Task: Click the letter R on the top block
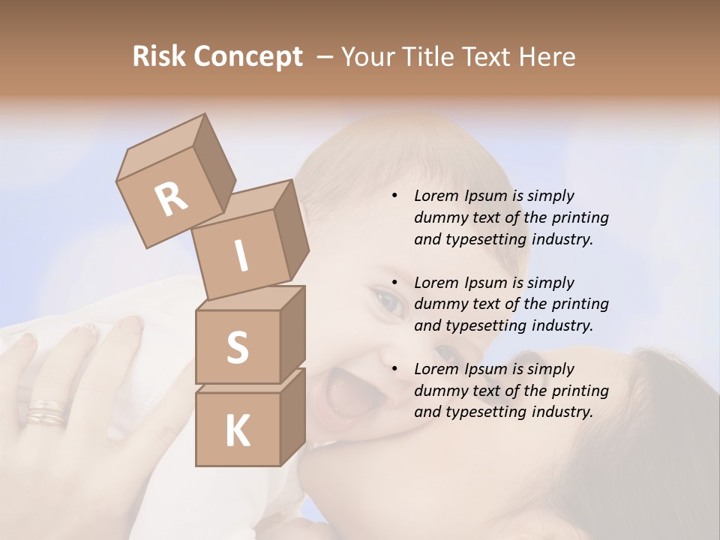tap(171, 199)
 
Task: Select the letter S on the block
tap(237, 347)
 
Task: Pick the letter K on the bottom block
tap(237, 431)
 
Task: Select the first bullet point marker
tap(394, 196)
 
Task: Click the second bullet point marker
tap(394, 283)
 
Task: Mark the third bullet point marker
tap(394, 370)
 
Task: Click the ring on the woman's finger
tap(46, 413)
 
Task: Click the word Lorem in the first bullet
tap(434, 196)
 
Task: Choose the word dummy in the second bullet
tap(439, 304)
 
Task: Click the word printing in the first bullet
tap(580, 218)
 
